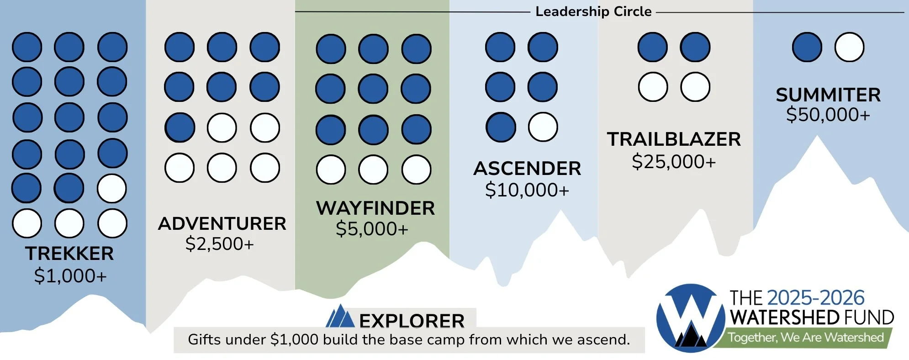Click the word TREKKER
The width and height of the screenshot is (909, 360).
click(69, 254)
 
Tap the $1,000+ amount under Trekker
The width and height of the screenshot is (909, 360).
click(70, 276)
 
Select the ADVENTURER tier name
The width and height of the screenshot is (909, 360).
click(222, 224)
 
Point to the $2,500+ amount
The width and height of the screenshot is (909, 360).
click(220, 244)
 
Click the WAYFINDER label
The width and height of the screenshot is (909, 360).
click(375, 208)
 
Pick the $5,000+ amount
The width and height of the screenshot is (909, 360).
click(372, 229)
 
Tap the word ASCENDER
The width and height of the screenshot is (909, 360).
click(527, 169)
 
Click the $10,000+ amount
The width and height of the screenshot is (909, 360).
click(527, 190)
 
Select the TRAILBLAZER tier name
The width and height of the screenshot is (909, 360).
click(674, 139)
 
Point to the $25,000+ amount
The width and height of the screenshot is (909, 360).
click(674, 162)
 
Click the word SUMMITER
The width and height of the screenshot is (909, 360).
click(828, 95)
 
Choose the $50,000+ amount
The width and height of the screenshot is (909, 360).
click(828, 115)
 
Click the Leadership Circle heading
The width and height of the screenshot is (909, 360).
click(593, 11)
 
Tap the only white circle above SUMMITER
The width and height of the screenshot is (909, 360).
click(849, 47)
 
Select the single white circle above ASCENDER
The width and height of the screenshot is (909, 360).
click(543, 127)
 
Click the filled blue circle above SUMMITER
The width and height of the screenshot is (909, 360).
click(807, 47)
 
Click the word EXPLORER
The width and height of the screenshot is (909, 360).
click(412, 321)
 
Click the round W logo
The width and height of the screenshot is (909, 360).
click(690, 318)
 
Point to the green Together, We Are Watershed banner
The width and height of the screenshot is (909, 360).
click(805, 338)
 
